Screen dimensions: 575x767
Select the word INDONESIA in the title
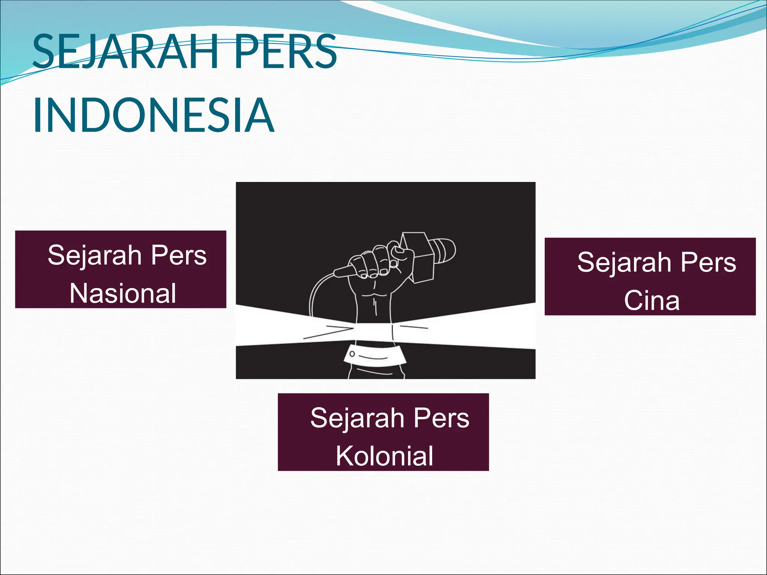[x=154, y=115]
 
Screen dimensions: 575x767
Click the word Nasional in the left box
[x=123, y=293]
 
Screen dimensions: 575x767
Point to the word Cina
[x=652, y=300]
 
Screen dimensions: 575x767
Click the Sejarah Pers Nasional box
[x=121, y=269]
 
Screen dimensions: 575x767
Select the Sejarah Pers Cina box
[x=650, y=276]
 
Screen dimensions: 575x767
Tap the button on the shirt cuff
[x=352, y=354]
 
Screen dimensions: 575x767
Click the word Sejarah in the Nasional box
[x=94, y=256]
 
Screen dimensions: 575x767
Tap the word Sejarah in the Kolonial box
[x=357, y=418]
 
